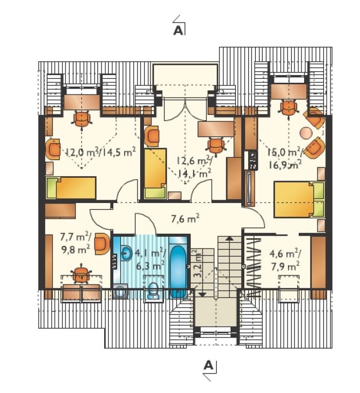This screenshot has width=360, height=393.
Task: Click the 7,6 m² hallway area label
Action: pyautogui.click(x=185, y=219)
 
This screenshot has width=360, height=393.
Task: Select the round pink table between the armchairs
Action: pyautogui.click(x=306, y=133)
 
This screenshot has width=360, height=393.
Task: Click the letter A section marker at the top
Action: pyautogui.click(x=178, y=31)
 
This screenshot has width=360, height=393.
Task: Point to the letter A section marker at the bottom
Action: pyautogui.click(x=208, y=365)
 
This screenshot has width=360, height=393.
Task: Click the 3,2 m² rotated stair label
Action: pyautogui.click(x=198, y=263)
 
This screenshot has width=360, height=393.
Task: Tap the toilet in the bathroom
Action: pyautogui.click(x=153, y=291)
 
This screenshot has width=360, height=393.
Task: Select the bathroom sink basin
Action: pyautogui.click(x=127, y=253)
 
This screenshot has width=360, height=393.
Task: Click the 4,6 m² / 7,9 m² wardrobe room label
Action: pyautogui.click(x=286, y=260)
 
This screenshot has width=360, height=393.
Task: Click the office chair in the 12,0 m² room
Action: pyautogui.click(x=82, y=119)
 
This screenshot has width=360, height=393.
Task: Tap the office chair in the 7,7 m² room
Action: pyautogui.click(x=81, y=275)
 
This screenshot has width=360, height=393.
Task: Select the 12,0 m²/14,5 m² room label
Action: pyautogui.click(x=100, y=152)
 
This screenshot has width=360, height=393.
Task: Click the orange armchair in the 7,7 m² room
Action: pyautogui.click(x=102, y=244)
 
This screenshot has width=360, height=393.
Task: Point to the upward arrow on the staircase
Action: pyautogui.click(x=228, y=238)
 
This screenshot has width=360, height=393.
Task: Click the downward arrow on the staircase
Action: pyautogui.click(x=202, y=295)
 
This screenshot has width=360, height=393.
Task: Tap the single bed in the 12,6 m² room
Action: pyautogui.click(x=155, y=173)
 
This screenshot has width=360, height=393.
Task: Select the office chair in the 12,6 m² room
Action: pyautogui.click(x=216, y=147)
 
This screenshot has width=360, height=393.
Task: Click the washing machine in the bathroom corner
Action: pyautogui.click(x=121, y=291)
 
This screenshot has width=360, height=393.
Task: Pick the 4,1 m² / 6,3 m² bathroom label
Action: pyautogui.click(x=150, y=260)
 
